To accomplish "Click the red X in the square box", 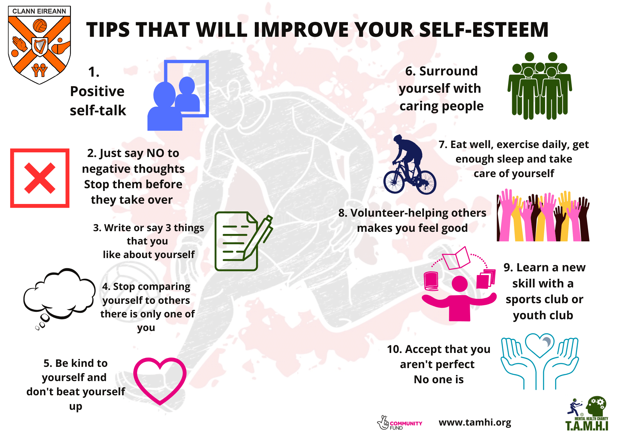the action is [40, 178].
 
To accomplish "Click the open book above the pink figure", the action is [456, 258].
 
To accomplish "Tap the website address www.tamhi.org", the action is [475, 422].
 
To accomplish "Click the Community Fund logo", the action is [399, 423].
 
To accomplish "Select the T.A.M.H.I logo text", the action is [587, 425].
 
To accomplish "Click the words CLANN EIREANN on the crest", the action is [39, 11].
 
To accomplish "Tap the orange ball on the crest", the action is [40, 26].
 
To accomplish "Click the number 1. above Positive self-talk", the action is [94, 72].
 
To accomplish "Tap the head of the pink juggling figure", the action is [460, 284].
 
